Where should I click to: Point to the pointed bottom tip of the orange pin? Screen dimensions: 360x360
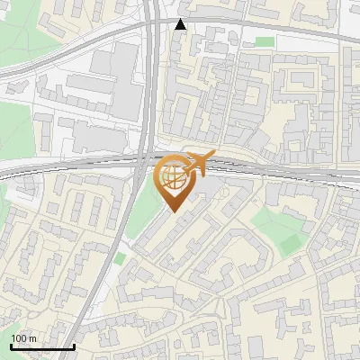click(x=173, y=211)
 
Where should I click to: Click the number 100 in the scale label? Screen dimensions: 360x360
click(x=19, y=338)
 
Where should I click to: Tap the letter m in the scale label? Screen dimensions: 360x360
click(x=33, y=338)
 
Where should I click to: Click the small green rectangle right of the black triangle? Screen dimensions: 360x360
click(x=264, y=41)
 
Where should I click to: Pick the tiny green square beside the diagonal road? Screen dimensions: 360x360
click(x=120, y=259)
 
